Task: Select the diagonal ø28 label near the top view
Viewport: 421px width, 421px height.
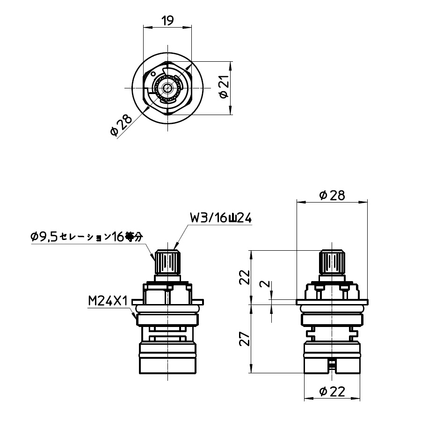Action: tap(121, 125)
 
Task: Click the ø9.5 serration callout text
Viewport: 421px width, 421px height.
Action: tap(86, 237)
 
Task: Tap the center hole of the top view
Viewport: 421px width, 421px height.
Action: tap(167, 87)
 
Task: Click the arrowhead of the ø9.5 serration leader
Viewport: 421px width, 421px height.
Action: tap(155, 259)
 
